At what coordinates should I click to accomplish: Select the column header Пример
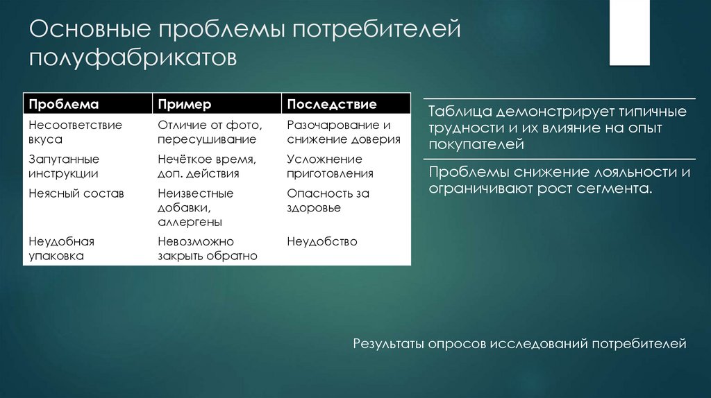pyautogui.click(x=184, y=104)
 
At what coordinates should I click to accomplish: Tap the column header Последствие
pyautogui.click(x=332, y=104)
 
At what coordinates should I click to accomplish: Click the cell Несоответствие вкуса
pyautogui.click(x=75, y=132)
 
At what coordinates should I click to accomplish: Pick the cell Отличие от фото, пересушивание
pyautogui.click(x=210, y=132)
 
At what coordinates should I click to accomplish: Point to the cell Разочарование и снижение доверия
pyautogui.click(x=343, y=132)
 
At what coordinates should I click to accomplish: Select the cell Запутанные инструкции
pyautogui.click(x=64, y=166)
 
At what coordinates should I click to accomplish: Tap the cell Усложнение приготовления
pyautogui.click(x=330, y=166)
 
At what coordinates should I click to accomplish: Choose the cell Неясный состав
pyautogui.click(x=76, y=193)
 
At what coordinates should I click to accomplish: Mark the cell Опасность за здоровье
pyautogui.click(x=328, y=200)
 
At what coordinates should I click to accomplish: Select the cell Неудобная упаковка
pyautogui.click(x=61, y=248)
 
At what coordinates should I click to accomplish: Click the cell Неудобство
pyautogui.click(x=321, y=241)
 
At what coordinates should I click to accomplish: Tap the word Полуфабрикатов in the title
pyautogui.click(x=133, y=58)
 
